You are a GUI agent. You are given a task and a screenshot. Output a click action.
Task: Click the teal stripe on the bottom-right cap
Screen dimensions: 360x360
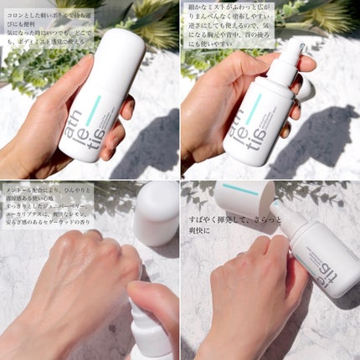click(241, 191)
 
